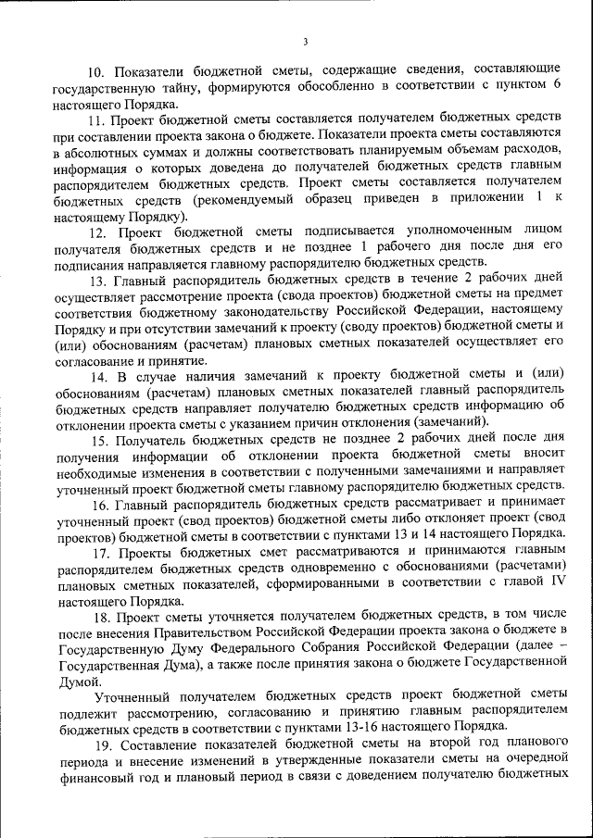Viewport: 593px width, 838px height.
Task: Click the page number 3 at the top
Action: pyautogui.click(x=305, y=42)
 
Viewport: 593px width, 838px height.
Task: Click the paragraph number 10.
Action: pyautogui.click(x=96, y=70)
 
